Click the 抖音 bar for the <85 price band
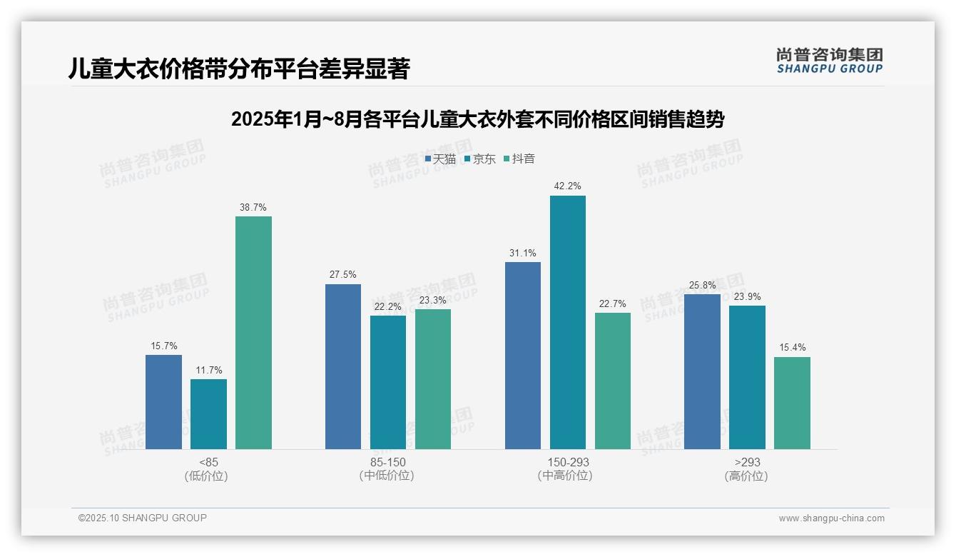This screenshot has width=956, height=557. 253,333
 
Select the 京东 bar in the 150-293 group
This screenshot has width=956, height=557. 567,322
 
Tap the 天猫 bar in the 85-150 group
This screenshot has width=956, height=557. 343,366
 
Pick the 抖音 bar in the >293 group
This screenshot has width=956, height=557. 792,403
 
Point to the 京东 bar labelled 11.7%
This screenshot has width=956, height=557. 208,413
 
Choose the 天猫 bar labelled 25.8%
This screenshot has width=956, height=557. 702,371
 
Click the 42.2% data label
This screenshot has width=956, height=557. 567,186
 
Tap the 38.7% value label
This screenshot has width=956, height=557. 253,208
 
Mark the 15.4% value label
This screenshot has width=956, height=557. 792,348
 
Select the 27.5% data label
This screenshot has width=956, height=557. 343,275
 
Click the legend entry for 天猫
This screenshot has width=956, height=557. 440,159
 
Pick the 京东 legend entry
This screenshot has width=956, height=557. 479,159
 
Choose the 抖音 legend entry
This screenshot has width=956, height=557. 519,159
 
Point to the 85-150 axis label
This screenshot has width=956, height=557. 387,462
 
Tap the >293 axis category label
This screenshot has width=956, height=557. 746,462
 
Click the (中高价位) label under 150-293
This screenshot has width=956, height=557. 567,476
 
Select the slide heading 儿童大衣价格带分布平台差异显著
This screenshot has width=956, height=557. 240,69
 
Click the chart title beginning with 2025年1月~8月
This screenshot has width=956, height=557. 477,119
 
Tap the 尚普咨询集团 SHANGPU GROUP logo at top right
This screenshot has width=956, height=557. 829,60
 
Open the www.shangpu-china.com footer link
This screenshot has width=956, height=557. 831,518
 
